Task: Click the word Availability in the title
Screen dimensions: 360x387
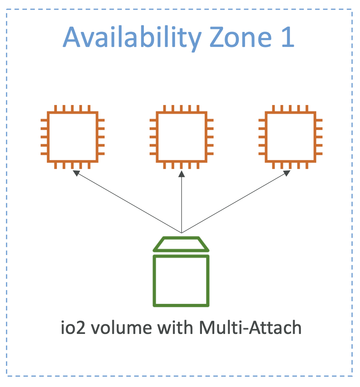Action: point(132,38)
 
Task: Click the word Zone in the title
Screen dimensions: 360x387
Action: point(240,37)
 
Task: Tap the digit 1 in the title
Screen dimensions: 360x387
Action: point(288,37)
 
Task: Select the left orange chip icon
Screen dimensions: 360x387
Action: point(73,137)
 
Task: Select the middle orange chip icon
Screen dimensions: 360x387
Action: point(182,137)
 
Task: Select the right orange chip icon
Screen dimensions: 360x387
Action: point(290,137)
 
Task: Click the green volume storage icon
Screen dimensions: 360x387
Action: point(181,272)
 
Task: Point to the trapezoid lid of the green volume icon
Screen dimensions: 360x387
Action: point(181,244)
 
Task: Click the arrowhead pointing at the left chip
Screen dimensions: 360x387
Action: point(76,173)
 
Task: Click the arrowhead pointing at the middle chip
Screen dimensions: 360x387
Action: point(182,174)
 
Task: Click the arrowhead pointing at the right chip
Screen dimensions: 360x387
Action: point(287,173)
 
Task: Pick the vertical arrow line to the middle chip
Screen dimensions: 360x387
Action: point(182,202)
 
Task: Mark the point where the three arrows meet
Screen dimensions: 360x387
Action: point(182,233)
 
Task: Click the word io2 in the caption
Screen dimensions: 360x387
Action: point(73,327)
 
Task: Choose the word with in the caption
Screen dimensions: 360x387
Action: point(175,327)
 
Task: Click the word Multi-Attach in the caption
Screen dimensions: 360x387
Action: point(250,327)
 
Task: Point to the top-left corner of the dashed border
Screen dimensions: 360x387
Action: point(7,9)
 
